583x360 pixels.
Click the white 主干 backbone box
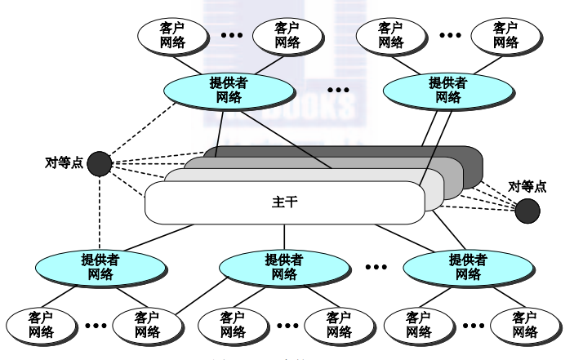point(286,203)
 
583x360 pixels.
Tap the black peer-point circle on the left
point(99,163)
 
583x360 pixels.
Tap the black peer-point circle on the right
point(527,211)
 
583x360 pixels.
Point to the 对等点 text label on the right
point(527,187)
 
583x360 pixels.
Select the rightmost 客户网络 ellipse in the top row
point(505,34)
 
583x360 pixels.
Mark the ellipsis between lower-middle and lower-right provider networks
point(376,266)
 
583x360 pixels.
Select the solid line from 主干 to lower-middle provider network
point(284,236)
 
